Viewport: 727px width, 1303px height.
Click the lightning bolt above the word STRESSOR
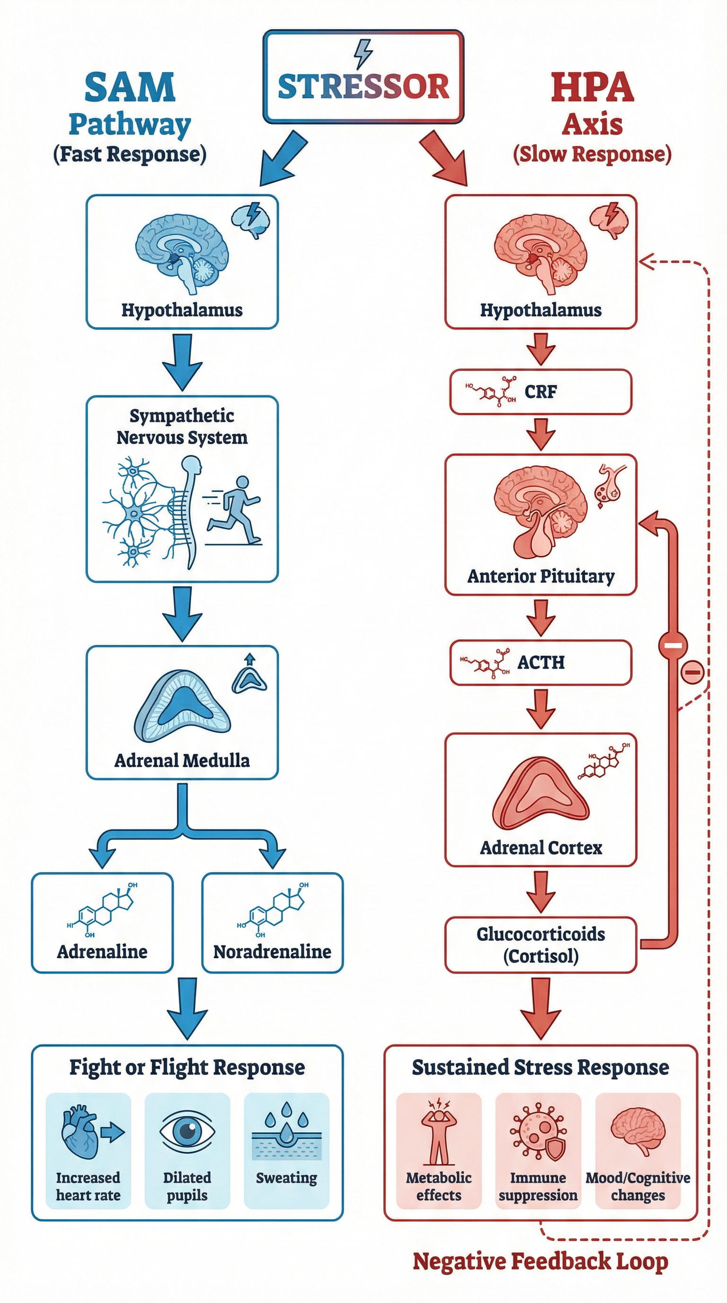tap(363, 53)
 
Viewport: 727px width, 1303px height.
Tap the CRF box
tap(541, 392)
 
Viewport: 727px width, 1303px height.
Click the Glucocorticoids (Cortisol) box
tap(541, 945)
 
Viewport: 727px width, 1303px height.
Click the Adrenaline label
tap(102, 952)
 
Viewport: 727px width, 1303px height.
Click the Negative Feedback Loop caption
tap(541, 1261)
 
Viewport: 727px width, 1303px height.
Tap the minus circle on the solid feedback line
tap(673, 645)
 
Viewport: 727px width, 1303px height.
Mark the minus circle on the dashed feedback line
tap(692, 672)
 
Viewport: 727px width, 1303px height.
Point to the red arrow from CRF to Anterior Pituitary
tap(541, 434)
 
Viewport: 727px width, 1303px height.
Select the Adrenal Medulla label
tap(182, 761)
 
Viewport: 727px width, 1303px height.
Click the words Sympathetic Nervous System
tap(182, 427)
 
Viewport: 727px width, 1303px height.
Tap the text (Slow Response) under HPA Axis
tap(592, 154)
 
